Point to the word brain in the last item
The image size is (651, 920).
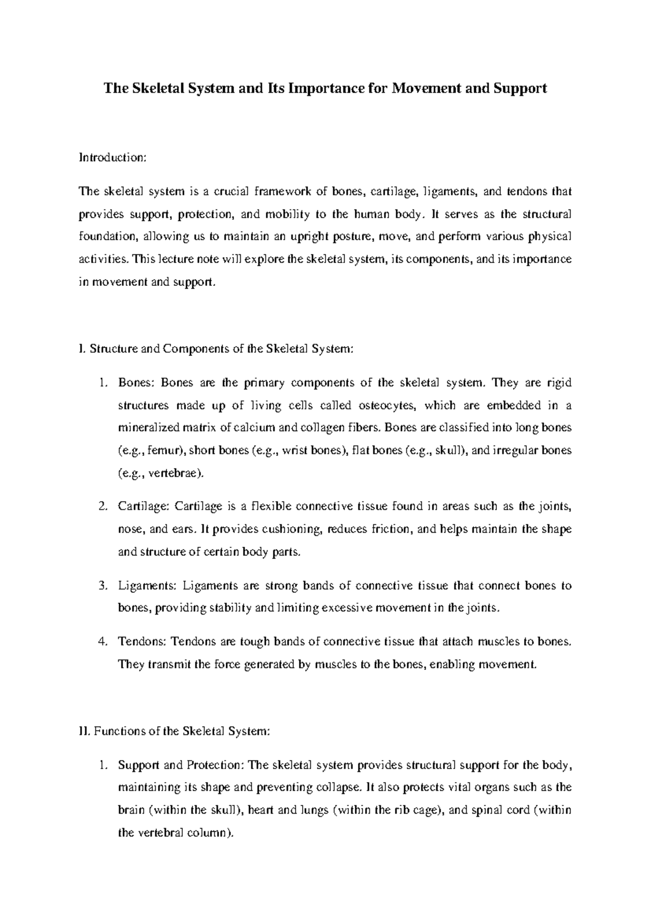point(131,810)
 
